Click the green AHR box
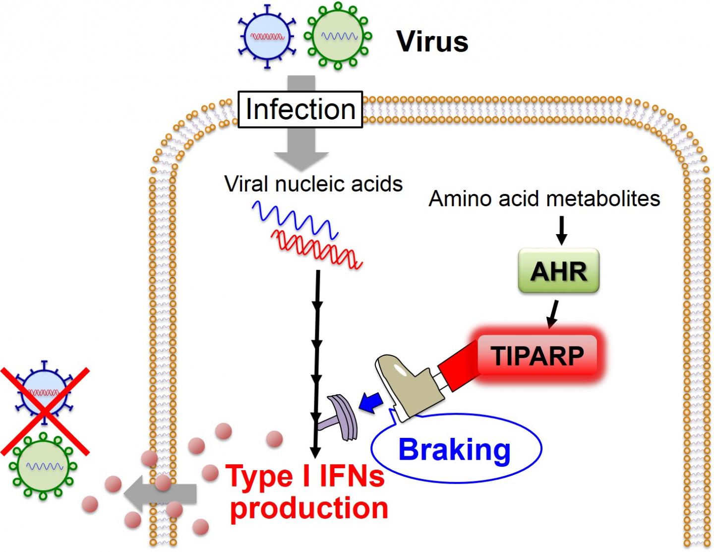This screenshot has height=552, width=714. tap(559, 271)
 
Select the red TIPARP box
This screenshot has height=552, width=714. tap(537, 356)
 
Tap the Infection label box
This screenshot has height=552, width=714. tap(300, 109)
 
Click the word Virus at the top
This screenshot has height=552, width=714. tap(432, 41)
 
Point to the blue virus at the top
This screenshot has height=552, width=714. tap(267, 37)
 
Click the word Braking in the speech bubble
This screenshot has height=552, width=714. tap(454, 449)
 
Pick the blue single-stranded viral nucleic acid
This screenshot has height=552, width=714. tap(295, 218)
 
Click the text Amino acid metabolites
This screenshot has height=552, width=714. tap(544, 198)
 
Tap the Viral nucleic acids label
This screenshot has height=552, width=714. tap(313, 184)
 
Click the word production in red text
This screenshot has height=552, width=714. tap(309, 508)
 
